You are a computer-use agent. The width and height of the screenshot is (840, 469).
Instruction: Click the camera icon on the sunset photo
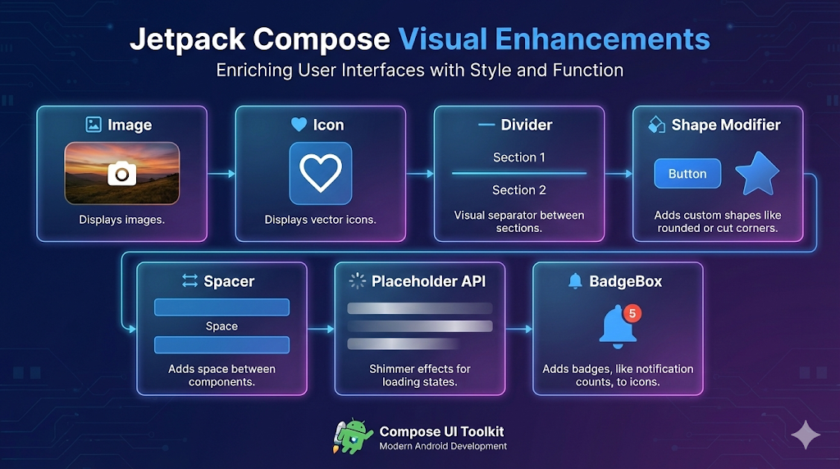[122, 173]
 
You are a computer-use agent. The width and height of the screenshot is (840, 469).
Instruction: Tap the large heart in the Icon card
[320, 173]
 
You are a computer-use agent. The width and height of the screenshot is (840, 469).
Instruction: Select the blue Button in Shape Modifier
[687, 174]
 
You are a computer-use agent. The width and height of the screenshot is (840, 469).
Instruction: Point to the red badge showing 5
[632, 313]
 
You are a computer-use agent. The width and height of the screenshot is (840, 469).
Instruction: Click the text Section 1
[518, 157]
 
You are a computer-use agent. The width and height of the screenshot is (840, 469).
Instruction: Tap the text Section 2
[518, 190]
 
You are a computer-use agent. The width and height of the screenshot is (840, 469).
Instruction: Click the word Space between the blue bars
[221, 326]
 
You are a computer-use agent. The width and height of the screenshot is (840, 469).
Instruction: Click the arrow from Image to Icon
[221, 174]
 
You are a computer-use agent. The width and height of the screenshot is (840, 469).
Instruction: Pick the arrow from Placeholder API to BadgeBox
[519, 329]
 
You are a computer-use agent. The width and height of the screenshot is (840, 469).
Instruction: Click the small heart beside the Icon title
[299, 125]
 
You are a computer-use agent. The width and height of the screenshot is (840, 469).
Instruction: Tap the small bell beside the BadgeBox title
[575, 281]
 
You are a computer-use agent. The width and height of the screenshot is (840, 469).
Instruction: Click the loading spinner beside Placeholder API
[357, 281]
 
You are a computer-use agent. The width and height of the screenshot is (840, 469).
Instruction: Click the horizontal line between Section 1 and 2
[518, 174]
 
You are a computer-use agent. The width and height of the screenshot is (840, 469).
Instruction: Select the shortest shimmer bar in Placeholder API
[403, 344]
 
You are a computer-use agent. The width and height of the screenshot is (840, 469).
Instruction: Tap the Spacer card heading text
[229, 281]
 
